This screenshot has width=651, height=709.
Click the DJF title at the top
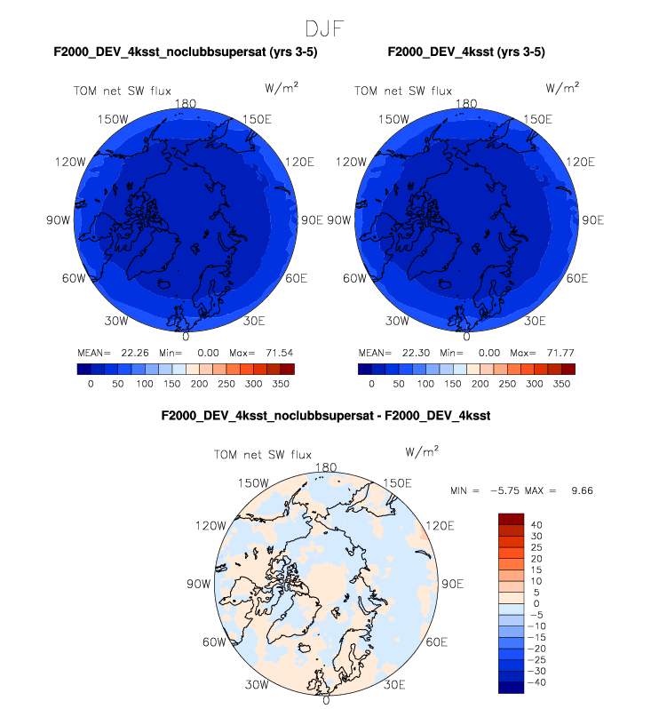[x=325, y=29]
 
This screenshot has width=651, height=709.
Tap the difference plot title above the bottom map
[x=325, y=416]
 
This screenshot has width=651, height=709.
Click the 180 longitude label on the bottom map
[x=326, y=468]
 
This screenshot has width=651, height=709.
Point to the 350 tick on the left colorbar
[x=282, y=385]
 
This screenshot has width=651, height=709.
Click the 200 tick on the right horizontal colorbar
[x=480, y=385]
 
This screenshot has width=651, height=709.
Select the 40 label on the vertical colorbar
[x=536, y=524]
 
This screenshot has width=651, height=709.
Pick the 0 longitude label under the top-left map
[x=186, y=337]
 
